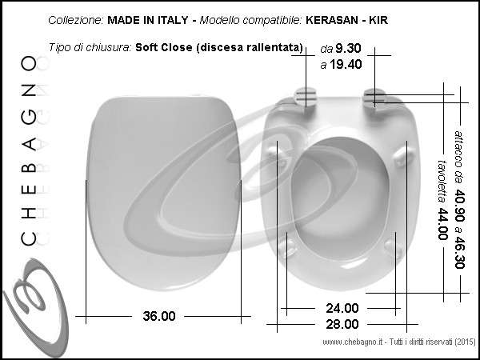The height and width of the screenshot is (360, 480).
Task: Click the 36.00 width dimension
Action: coord(159,316)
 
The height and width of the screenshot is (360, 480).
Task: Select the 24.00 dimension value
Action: coord(342,308)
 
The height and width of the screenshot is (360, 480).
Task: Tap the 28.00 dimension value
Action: coord(342,324)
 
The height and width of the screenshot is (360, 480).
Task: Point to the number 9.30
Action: coord(348,48)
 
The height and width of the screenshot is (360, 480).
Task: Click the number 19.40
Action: coord(346,65)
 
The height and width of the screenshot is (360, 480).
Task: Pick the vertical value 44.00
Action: coord(442,224)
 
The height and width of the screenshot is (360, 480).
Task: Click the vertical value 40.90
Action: coord(459,205)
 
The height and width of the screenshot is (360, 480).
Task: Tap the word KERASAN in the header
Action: coord(331,20)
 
